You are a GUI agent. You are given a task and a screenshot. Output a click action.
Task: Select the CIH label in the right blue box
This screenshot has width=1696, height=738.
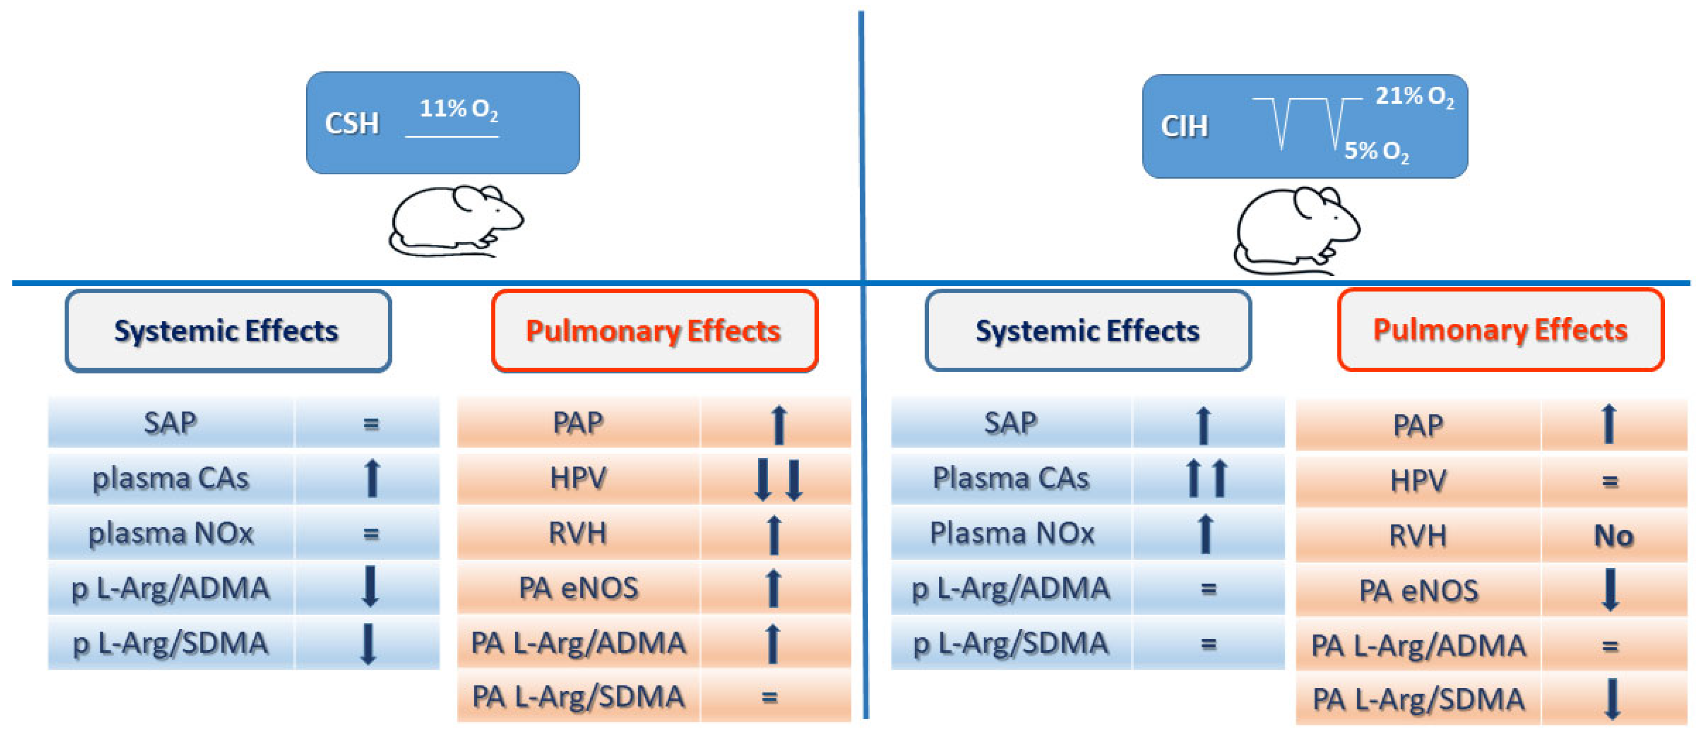[x=1184, y=126]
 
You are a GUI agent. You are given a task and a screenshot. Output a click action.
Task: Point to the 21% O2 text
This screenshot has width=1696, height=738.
[x=1414, y=97]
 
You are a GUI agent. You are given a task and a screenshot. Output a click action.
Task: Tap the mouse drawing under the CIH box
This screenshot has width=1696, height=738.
[x=1295, y=231]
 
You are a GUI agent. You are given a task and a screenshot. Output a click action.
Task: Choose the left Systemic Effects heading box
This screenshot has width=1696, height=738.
[x=228, y=330]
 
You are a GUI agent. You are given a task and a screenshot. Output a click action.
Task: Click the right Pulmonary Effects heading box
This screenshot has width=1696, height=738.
[x=1500, y=330]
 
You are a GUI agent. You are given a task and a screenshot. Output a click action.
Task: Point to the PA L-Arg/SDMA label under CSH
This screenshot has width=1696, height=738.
[x=578, y=697]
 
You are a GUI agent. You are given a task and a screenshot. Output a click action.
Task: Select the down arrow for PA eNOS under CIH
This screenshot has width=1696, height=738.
[x=1611, y=590]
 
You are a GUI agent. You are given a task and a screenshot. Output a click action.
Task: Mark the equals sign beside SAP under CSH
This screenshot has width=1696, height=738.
[x=371, y=424]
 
